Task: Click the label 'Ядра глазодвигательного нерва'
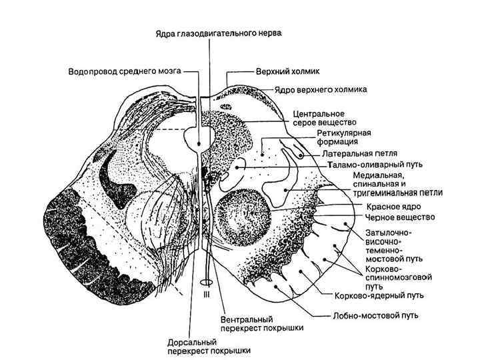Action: point(208,31)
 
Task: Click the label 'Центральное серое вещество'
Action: point(321,118)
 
